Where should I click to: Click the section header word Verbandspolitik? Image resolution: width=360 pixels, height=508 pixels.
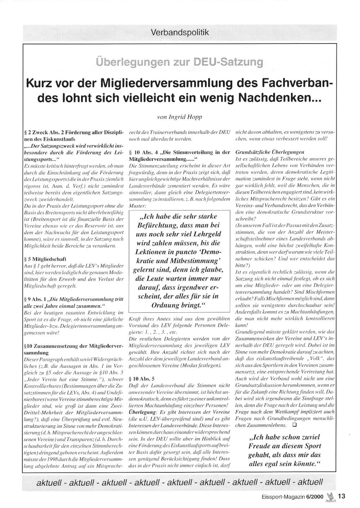180,32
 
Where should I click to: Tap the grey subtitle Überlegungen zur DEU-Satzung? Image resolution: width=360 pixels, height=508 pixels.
179,62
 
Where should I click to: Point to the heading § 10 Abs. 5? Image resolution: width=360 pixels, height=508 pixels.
142,379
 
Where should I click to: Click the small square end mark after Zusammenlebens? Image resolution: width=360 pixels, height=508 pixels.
294,425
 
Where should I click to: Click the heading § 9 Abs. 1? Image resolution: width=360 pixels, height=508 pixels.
35,299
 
